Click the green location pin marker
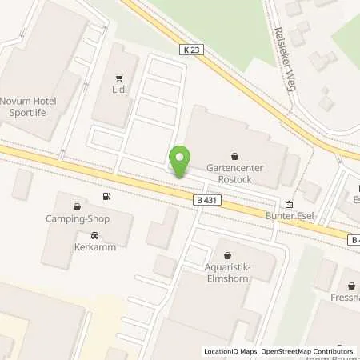pos(181,162)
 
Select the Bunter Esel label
pos(288,216)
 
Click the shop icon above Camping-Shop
pos(76,205)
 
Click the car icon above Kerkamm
pos(95,235)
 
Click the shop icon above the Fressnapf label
pos(352,285)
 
